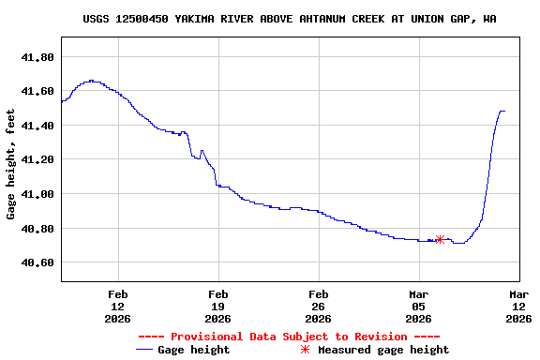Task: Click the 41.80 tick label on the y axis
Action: click(37, 57)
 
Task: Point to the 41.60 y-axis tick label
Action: click(37, 91)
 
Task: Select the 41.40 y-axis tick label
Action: click(37, 126)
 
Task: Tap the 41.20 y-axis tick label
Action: click(37, 160)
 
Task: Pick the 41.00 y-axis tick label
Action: click(37, 194)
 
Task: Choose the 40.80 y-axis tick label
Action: click(37, 229)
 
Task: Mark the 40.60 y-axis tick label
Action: click(37, 263)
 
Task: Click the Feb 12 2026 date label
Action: click(118, 306)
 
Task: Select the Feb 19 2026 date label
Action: click(218, 306)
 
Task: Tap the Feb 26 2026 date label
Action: click(319, 306)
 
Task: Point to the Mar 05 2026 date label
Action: click(419, 306)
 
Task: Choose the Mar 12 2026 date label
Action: click(519, 306)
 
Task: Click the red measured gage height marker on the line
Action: click(440, 240)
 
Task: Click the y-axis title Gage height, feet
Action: click(11, 164)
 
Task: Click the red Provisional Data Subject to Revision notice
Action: click(289, 337)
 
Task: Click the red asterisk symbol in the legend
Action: click(304, 350)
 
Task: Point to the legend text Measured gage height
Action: click(383, 350)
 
